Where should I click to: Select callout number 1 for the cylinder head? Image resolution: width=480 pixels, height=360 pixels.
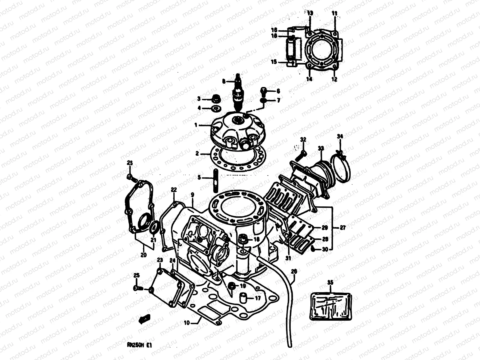click(x=196, y=125)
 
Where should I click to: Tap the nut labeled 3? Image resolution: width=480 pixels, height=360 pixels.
click(x=215, y=98)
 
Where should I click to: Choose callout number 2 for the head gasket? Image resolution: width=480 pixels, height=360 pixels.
click(x=197, y=154)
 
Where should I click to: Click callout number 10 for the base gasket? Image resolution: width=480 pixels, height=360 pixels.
click(x=187, y=323)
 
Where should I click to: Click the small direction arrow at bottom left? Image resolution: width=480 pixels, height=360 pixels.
click(x=144, y=319)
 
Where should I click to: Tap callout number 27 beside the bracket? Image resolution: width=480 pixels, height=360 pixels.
click(x=343, y=228)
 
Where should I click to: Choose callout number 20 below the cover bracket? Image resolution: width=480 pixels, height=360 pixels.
click(x=143, y=255)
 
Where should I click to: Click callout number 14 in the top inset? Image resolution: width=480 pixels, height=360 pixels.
click(x=309, y=79)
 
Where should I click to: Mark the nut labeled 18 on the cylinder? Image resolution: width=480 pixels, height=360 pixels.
click(x=243, y=239)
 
